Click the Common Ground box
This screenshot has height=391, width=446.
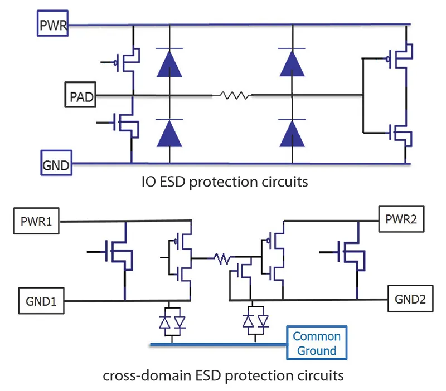click(x=316, y=343)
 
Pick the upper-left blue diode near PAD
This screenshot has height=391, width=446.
click(x=169, y=62)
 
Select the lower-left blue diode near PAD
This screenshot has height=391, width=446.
click(x=169, y=133)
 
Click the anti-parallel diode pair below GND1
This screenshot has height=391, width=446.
click(x=172, y=322)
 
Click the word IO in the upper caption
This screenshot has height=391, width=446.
click(x=148, y=182)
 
